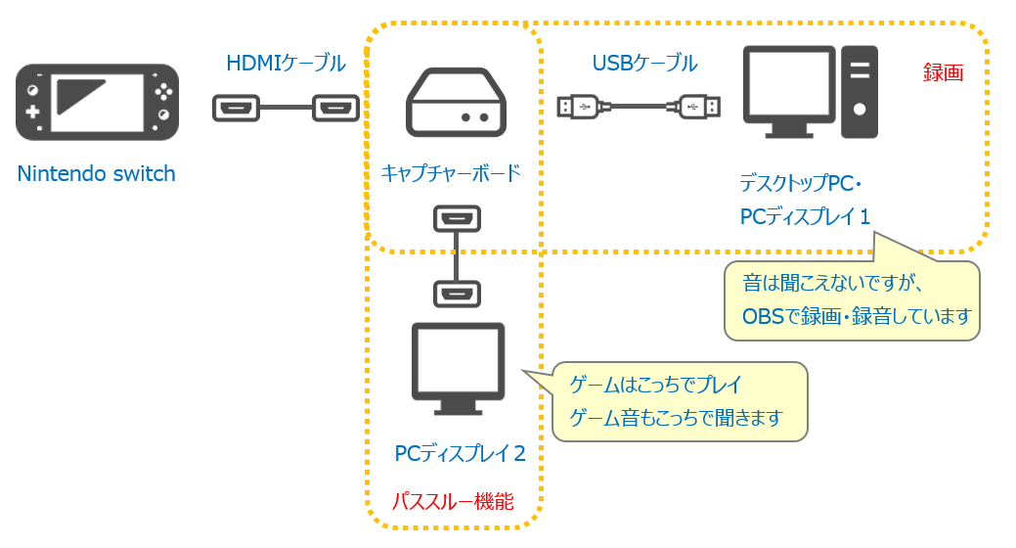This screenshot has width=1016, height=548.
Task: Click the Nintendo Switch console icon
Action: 97,102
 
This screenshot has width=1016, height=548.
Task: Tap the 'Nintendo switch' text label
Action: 96,175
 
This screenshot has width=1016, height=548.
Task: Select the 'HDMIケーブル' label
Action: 286,64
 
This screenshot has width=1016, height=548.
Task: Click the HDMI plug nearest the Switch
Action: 236,108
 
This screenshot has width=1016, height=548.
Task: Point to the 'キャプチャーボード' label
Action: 451,174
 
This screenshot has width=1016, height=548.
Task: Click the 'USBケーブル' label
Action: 644,64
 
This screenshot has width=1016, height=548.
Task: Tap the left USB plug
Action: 580,106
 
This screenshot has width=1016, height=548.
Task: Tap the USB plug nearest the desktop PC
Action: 700,106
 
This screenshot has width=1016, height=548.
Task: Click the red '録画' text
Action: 943,72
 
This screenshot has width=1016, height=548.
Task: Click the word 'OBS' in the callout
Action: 763,316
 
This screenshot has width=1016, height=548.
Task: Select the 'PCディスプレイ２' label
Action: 461,454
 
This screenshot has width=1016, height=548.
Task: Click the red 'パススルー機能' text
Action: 452,502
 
